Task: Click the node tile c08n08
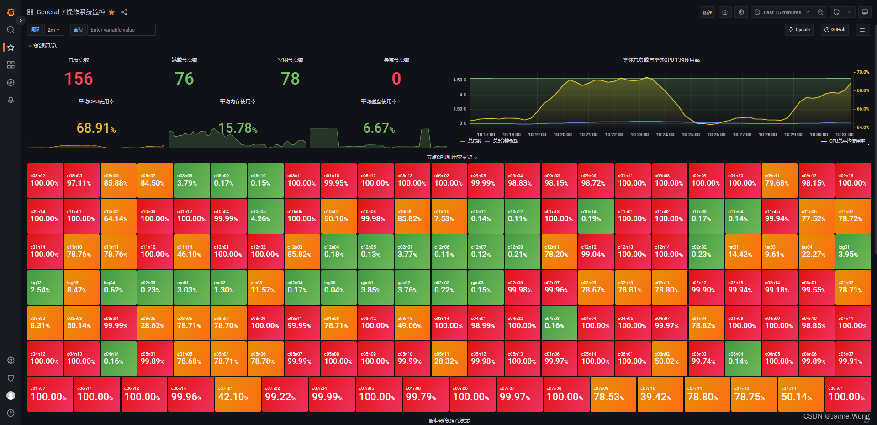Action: [192, 180]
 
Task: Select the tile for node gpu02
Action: [412, 287]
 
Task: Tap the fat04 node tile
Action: [816, 252]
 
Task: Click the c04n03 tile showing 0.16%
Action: [559, 323]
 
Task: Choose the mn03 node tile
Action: [265, 287]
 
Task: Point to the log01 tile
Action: [853, 252]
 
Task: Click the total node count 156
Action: [79, 79]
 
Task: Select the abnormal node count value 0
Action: [396, 79]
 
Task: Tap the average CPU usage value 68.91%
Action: [96, 128]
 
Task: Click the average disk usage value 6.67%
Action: [379, 128]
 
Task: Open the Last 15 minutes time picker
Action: [782, 12]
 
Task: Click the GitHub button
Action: [835, 30]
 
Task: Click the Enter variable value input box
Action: [121, 30]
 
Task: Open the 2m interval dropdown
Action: [54, 30]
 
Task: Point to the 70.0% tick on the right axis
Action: [862, 72]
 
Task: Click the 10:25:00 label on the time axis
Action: [691, 135]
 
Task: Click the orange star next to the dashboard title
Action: [112, 12]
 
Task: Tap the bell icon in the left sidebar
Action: [11, 100]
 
